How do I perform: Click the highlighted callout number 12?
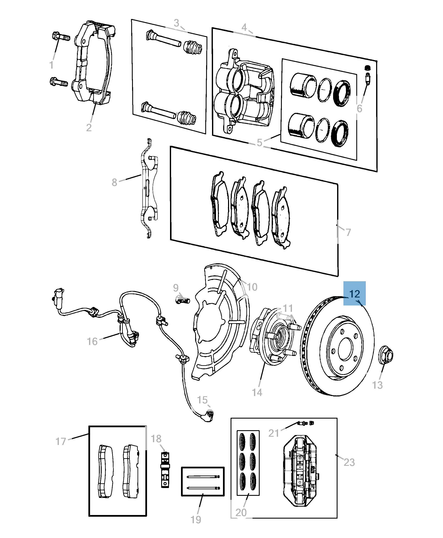click(x=354, y=294)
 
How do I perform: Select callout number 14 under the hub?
click(x=257, y=392)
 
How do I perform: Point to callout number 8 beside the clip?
click(x=114, y=182)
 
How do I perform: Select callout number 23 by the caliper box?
click(x=349, y=462)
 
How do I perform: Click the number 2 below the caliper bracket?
click(x=89, y=128)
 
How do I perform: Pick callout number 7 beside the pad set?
click(x=348, y=232)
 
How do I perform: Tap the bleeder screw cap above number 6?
click(x=367, y=68)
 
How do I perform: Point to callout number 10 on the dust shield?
click(x=252, y=287)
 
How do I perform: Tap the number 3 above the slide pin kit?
click(x=176, y=23)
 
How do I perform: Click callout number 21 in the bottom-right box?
click(x=274, y=433)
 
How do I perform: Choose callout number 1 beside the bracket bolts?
click(x=51, y=65)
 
